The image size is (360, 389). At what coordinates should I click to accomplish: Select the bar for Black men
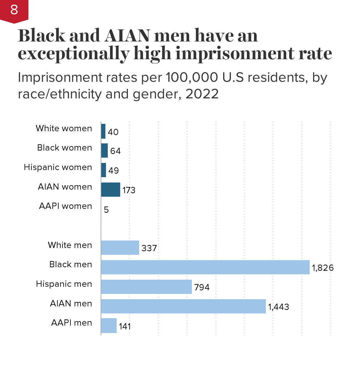pyautogui.click(x=205, y=267)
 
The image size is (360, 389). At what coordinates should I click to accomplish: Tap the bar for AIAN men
pyautogui.click(x=183, y=306)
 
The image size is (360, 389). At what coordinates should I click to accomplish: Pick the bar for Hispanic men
pyautogui.click(x=146, y=287)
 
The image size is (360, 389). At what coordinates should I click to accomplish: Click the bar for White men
pyautogui.click(x=120, y=248)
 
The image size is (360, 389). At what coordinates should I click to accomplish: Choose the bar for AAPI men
pyautogui.click(x=109, y=326)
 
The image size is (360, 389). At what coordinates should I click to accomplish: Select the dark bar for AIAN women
pyautogui.click(x=110, y=190)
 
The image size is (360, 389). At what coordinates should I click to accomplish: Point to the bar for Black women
pyautogui.click(x=104, y=151)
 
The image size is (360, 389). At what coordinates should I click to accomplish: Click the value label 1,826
pyautogui.click(x=323, y=268)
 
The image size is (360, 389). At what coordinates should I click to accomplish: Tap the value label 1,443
pyautogui.click(x=279, y=307)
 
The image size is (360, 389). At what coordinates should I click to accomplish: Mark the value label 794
pyautogui.click(x=202, y=287)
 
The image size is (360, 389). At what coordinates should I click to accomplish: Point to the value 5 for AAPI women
pyautogui.click(x=106, y=210)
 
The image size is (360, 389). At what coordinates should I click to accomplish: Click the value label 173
pyautogui.click(x=129, y=190)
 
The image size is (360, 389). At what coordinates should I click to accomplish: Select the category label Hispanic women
pyautogui.click(x=58, y=167)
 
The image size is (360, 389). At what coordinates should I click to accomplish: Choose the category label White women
pyautogui.click(x=64, y=128)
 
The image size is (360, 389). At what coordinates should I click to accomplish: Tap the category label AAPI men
pyautogui.click(x=72, y=323)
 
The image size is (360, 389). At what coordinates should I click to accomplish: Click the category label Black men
pyautogui.click(x=71, y=264)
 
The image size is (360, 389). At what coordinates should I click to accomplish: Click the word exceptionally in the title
pyautogui.click(x=73, y=54)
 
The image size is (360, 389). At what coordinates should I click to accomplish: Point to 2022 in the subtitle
pyautogui.click(x=202, y=94)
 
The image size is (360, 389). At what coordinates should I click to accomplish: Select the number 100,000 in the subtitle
pyautogui.click(x=192, y=78)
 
